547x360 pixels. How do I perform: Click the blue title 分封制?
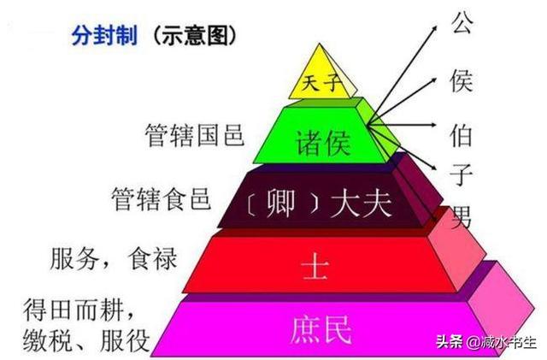pyautogui.click(x=104, y=35)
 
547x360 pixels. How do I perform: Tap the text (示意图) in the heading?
pyautogui.click(x=194, y=36)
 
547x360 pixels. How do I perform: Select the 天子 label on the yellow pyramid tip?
pyautogui.click(x=321, y=83)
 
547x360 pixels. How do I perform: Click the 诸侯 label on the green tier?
pyautogui.click(x=323, y=143)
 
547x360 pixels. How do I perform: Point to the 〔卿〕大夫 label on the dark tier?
pyautogui.click(x=318, y=204)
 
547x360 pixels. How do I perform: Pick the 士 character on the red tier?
pyautogui.click(x=315, y=268)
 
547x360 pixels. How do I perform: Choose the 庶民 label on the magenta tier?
pyautogui.click(x=321, y=329)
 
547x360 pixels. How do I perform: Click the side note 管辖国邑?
pyautogui.click(x=194, y=135)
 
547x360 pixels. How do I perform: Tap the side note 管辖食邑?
pyautogui.click(x=162, y=198)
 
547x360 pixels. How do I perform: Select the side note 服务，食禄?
pyautogui.click(x=114, y=259)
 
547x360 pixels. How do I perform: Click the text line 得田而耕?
pyautogui.click(x=79, y=310)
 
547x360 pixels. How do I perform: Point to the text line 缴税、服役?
pyautogui.click(x=86, y=340)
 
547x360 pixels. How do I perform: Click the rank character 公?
pyautogui.click(x=462, y=22)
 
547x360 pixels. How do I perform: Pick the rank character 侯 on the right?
pyautogui.click(x=462, y=80)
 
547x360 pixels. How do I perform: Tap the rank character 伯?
pyautogui.click(x=461, y=135)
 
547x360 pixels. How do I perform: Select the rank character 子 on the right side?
pyautogui.click(x=461, y=174)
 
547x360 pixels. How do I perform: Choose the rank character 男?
pyautogui.click(x=462, y=216)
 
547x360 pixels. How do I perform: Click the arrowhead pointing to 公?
pyautogui.click(x=435, y=27)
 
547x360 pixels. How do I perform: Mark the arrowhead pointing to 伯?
pyautogui.click(x=433, y=125)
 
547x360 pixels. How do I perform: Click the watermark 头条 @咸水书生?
pyautogui.click(x=486, y=342)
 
